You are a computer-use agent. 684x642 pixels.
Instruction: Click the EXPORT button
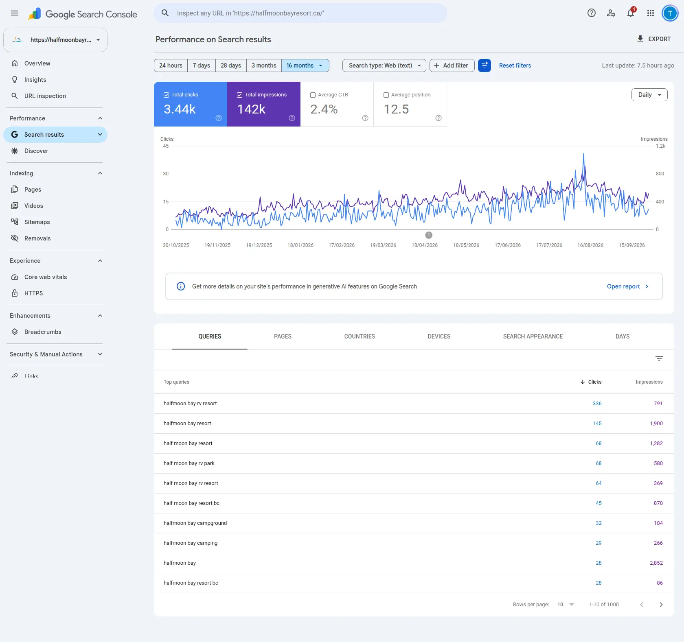click(x=654, y=39)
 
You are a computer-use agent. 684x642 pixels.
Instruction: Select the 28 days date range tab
click(x=231, y=66)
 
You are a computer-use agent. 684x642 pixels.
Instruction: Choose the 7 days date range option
click(x=202, y=66)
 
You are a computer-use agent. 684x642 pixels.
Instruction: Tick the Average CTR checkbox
click(x=313, y=95)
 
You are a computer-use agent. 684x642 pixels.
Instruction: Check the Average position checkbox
click(x=386, y=95)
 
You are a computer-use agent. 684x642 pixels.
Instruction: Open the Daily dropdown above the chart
click(x=649, y=95)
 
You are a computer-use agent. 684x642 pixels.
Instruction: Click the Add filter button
click(x=452, y=66)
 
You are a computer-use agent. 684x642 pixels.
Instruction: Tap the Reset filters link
click(x=515, y=66)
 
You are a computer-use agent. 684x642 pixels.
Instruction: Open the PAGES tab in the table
click(x=283, y=336)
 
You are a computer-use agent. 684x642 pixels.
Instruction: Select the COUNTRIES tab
click(x=360, y=336)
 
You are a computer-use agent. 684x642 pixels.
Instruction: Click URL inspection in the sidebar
click(x=45, y=96)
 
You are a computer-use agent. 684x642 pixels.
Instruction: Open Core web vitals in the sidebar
click(x=46, y=277)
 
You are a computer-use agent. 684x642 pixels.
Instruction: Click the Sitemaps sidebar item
click(x=37, y=222)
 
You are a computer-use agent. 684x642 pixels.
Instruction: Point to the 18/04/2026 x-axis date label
click(x=425, y=245)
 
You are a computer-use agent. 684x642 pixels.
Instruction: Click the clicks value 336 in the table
click(x=597, y=404)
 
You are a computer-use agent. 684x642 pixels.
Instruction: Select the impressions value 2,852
click(x=656, y=563)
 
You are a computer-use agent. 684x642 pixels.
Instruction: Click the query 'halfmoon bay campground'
click(x=195, y=523)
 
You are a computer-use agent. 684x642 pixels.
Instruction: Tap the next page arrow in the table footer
click(x=661, y=605)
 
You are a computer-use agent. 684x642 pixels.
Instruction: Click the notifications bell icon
click(x=631, y=13)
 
